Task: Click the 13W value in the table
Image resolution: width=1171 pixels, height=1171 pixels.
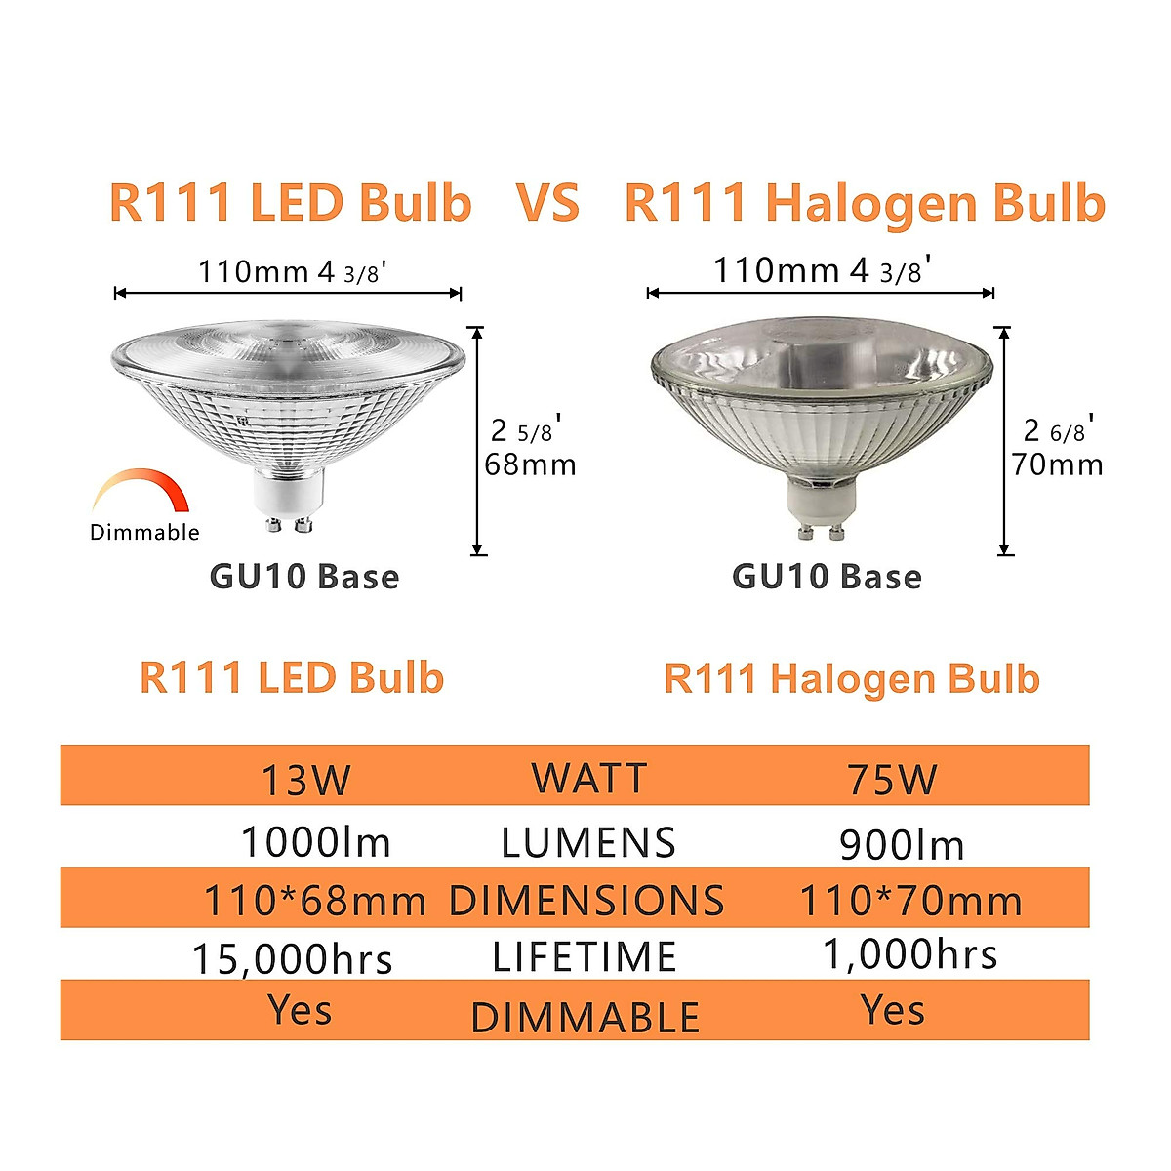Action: [x=305, y=780]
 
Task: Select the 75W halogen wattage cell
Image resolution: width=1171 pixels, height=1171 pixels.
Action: [x=892, y=780]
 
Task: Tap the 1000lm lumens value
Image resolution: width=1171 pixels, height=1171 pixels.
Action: [x=315, y=842]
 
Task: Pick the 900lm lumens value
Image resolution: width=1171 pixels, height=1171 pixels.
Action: [x=902, y=845]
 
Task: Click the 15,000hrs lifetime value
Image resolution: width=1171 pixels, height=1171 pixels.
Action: [x=292, y=959]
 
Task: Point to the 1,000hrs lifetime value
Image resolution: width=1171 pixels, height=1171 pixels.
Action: [x=909, y=953]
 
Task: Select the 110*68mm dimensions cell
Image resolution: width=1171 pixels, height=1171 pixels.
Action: [x=314, y=901]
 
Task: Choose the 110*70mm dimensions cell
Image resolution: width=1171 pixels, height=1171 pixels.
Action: [x=910, y=901]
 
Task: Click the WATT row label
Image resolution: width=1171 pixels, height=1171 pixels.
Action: [x=589, y=779]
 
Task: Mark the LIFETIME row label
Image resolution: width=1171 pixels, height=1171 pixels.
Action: [x=585, y=957]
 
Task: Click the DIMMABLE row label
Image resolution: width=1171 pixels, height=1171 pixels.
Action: [x=585, y=1018]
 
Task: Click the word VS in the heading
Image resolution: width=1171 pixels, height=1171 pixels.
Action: [x=547, y=203]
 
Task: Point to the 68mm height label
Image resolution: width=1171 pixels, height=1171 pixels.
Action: [x=531, y=464]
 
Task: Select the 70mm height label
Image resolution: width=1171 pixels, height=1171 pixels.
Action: [x=1058, y=464]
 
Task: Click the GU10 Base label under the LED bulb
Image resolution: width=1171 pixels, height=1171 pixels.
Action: [x=304, y=577]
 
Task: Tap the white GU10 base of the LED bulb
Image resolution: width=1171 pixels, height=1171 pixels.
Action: [x=282, y=492]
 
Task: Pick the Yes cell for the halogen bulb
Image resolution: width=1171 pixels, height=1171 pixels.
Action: [x=893, y=1010]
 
